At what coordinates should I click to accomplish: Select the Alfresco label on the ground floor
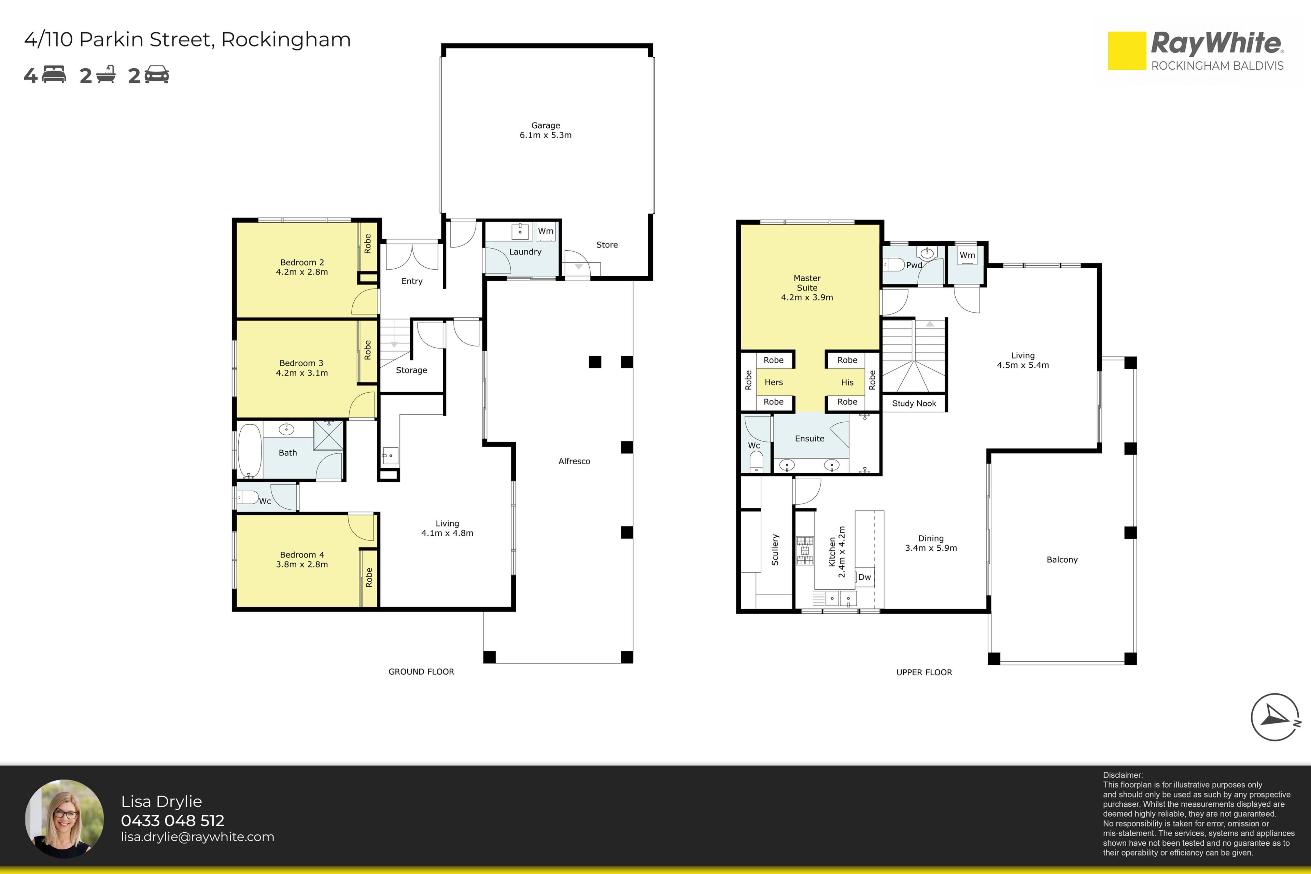[x=574, y=461]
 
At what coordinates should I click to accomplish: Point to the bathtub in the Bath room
[x=250, y=451]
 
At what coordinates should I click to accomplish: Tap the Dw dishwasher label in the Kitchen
[x=864, y=577]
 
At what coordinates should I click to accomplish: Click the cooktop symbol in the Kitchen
[x=805, y=550]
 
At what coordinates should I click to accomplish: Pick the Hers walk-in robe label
[x=774, y=382]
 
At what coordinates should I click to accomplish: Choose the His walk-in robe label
[x=847, y=382]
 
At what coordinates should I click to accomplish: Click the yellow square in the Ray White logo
[x=1127, y=51]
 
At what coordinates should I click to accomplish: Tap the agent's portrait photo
[x=64, y=818]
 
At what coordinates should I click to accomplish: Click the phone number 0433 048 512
[x=173, y=820]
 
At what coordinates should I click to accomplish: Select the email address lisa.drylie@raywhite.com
[x=198, y=837]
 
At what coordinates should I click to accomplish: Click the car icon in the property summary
[x=157, y=75]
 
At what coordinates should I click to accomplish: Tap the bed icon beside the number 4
[x=54, y=75]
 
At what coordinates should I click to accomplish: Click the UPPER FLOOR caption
[x=924, y=672]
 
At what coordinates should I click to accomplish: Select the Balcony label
[x=1062, y=560]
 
